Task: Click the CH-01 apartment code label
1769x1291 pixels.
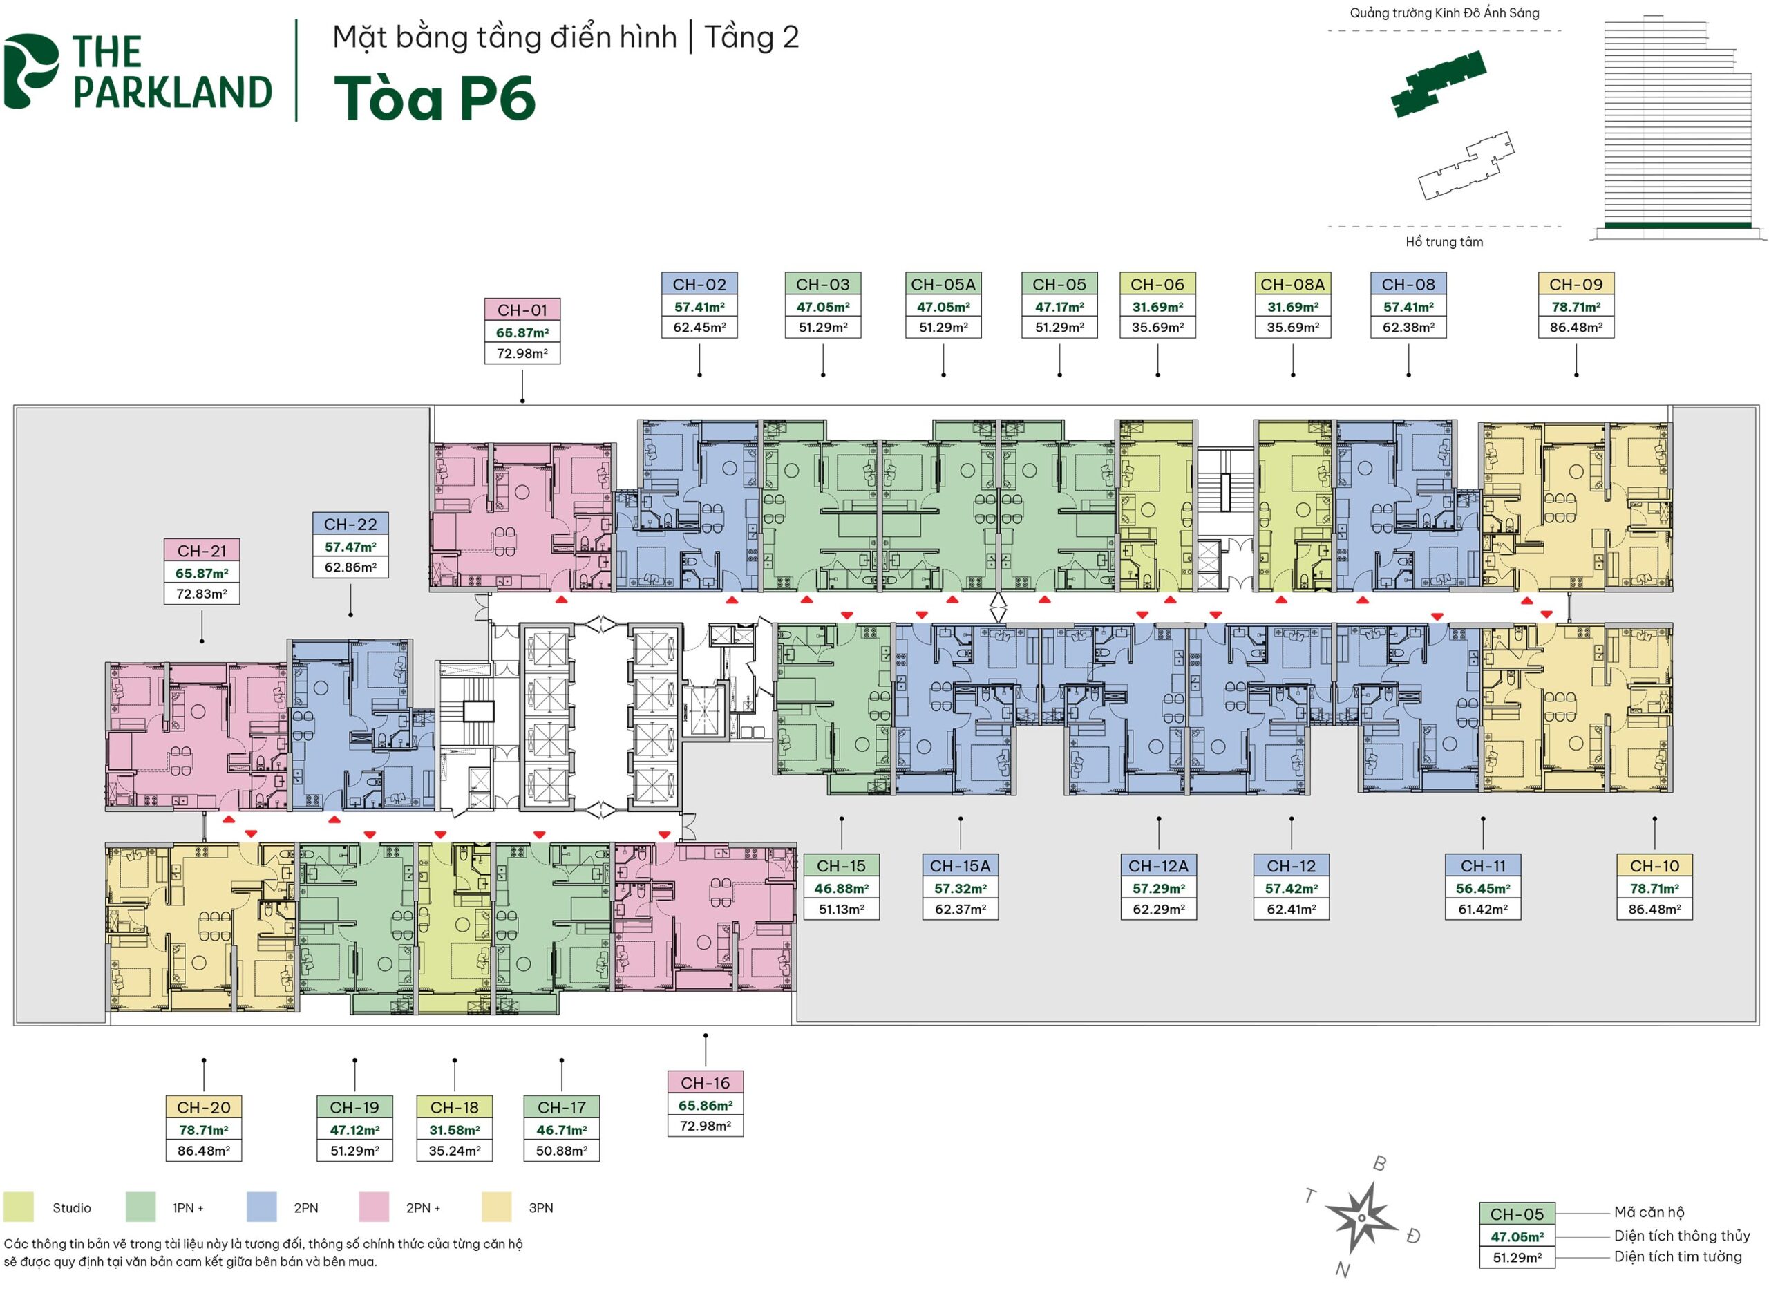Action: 522,310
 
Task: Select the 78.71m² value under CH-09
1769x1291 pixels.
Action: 1576,307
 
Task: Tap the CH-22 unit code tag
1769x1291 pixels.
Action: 350,525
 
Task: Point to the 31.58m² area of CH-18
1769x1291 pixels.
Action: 454,1130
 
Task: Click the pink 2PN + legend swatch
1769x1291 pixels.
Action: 373,1207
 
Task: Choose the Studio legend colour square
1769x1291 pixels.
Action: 19,1207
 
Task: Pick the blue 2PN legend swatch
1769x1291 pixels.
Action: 261,1207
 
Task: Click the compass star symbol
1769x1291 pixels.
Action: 1361,1217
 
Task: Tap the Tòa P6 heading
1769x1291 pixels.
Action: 435,100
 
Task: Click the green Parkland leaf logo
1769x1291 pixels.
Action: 30,70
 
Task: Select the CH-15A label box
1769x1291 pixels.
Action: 960,866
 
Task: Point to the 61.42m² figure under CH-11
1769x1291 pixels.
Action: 1482,909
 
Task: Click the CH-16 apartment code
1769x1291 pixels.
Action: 705,1083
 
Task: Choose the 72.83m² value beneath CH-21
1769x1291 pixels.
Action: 202,594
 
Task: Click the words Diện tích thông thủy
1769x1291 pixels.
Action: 1681,1236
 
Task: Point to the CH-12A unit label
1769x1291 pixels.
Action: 1158,866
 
